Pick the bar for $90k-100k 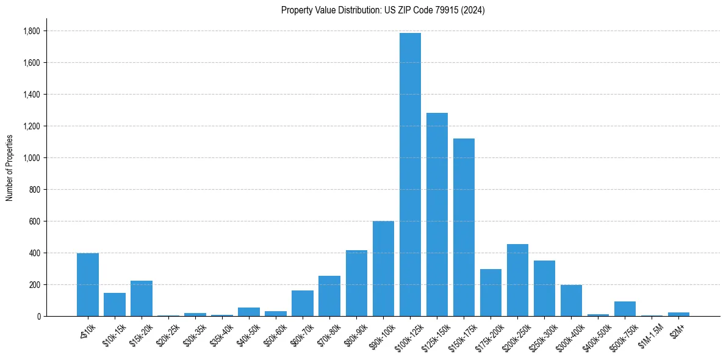coord(383,268)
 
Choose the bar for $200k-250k coord(517,280)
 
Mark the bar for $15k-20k coord(142,298)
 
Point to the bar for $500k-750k coord(625,309)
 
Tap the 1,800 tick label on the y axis coord(32,31)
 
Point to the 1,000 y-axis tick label coord(32,158)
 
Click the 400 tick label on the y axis coord(35,253)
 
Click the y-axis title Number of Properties coord(9,168)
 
